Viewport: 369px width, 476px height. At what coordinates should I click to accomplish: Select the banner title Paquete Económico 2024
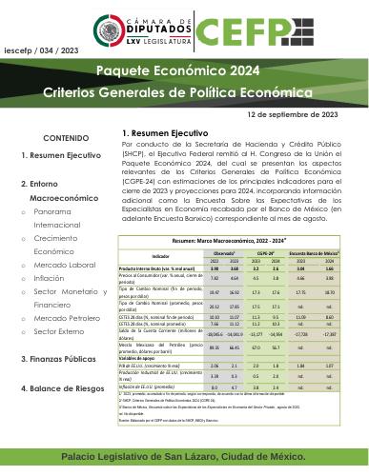(184, 72)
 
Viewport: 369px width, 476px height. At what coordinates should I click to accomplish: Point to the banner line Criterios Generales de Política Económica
(184, 93)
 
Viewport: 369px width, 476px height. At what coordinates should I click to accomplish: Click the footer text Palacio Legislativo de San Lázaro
(184, 458)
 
